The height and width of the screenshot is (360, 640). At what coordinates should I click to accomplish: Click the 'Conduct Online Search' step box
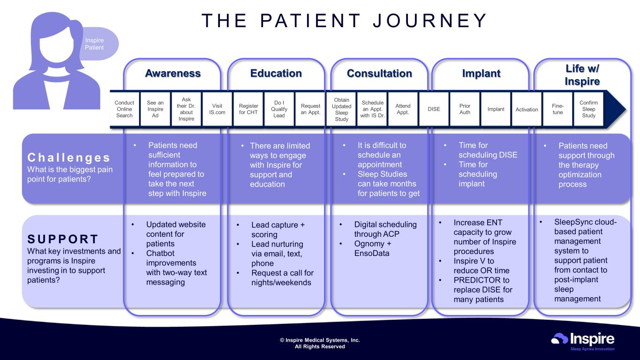click(124, 109)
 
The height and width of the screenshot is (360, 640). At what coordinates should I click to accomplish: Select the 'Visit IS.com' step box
click(217, 109)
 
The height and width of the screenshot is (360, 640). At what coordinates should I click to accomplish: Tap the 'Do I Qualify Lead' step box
click(279, 109)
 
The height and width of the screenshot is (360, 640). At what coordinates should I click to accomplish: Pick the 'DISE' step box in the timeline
click(434, 109)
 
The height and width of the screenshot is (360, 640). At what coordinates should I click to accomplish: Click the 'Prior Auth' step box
click(465, 109)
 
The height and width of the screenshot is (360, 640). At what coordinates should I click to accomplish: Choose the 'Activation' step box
click(527, 109)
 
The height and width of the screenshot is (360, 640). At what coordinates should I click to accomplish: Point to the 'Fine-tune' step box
click(558, 109)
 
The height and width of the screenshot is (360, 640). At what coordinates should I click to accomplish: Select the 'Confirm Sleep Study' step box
click(588, 109)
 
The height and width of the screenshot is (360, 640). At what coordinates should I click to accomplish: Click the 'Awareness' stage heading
click(173, 74)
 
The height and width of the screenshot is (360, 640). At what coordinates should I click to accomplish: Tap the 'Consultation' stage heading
click(379, 74)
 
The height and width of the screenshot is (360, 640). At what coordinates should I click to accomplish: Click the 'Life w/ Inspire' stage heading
click(582, 75)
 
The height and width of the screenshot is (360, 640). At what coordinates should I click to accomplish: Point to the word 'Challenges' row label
click(68, 157)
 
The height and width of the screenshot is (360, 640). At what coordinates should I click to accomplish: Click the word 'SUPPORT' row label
click(63, 239)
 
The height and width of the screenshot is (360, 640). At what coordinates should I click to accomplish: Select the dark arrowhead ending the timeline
click(616, 109)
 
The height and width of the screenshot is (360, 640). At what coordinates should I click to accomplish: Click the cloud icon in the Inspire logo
click(559, 339)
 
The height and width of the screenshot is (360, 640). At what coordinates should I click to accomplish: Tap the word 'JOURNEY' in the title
click(430, 20)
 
